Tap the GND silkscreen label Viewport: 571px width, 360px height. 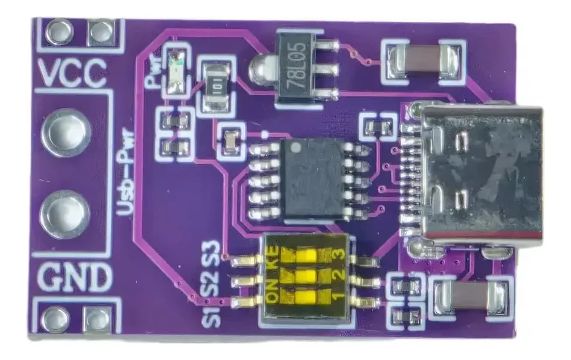pyautogui.click(x=74, y=278)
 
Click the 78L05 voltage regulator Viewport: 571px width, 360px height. pyautogui.click(x=295, y=69)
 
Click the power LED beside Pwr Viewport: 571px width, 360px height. pyautogui.click(x=176, y=72)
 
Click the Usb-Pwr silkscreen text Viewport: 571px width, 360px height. pyautogui.click(x=125, y=171)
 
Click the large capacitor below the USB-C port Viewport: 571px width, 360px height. pyautogui.click(x=471, y=296)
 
